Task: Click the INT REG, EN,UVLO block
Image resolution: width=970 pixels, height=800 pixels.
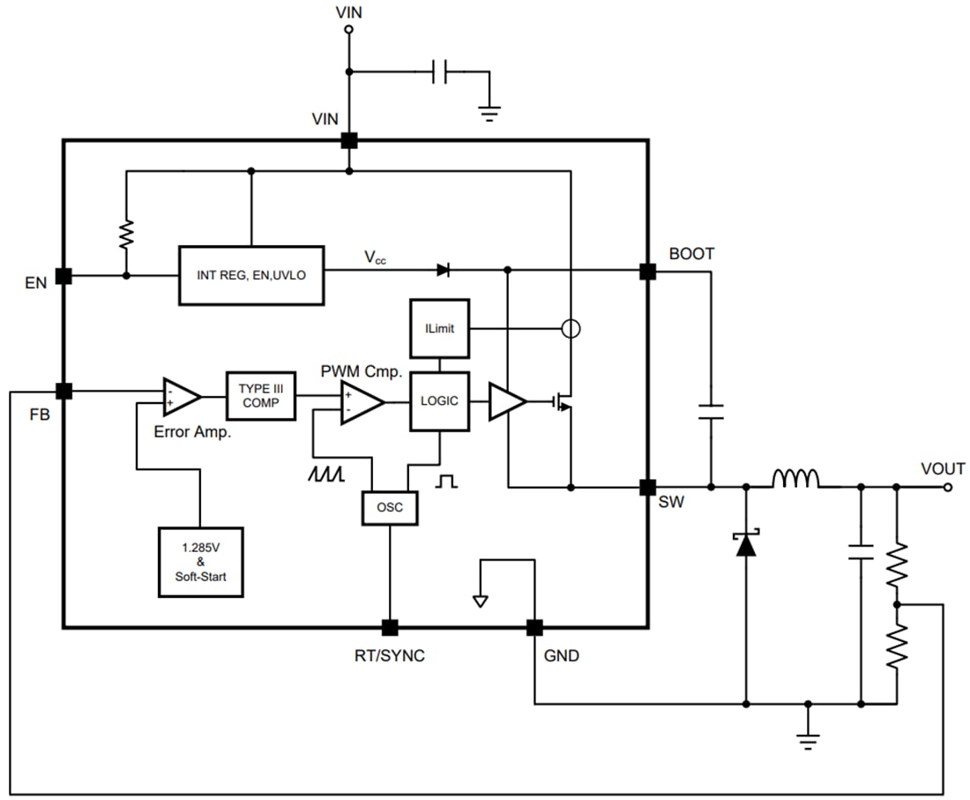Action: [251, 275]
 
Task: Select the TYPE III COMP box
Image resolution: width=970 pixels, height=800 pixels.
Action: [261, 396]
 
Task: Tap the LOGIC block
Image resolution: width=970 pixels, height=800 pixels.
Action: [439, 401]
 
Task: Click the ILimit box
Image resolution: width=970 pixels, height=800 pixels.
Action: [439, 328]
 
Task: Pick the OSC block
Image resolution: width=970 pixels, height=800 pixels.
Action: [389, 507]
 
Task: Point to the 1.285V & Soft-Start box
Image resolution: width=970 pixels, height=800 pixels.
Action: [200, 562]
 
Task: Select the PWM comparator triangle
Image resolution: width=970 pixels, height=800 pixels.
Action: [362, 402]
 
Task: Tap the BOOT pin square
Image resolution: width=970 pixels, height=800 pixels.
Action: [647, 271]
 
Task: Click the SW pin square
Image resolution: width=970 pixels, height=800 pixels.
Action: [647, 487]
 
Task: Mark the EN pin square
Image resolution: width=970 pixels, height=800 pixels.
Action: [63, 276]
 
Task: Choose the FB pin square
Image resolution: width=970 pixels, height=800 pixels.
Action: [63, 391]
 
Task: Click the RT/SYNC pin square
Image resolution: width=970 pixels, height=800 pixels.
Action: [389, 627]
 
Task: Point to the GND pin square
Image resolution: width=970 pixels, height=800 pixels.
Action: [534, 627]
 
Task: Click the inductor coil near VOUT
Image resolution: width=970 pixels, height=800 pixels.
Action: [795, 479]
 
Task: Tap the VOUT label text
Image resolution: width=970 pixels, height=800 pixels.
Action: [942, 468]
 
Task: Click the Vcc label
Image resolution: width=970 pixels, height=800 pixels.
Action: [375, 258]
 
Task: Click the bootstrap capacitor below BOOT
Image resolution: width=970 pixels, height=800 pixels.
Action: [711, 411]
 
